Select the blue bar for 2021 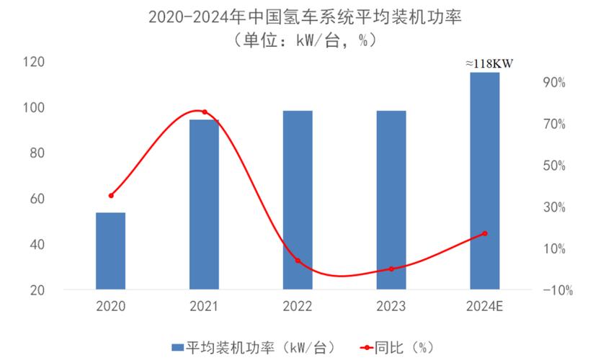tap(204, 204)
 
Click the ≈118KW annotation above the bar tap(489, 64)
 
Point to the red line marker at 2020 tap(111, 195)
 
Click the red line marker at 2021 tap(204, 112)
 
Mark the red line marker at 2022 tap(298, 261)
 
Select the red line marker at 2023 tap(391, 269)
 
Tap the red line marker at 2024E tap(485, 233)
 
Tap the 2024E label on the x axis tap(485, 306)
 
